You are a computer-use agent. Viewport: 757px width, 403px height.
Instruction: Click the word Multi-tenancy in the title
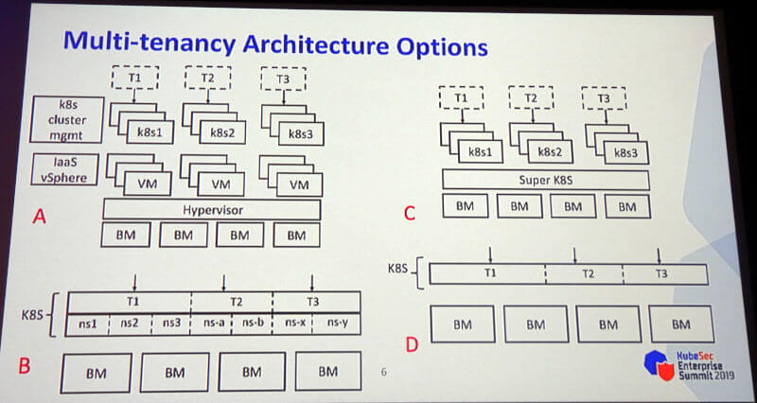[x=150, y=44]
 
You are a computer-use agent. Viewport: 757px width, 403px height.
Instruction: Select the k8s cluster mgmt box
[x=67, y=119]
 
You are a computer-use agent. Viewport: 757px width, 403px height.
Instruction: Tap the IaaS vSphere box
[x=64, y=169]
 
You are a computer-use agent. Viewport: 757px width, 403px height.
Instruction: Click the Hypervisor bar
[x=212, y=210]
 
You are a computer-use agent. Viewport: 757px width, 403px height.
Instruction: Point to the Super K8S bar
[x=546, y=180]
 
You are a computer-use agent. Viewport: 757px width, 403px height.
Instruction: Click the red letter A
[x=39, y=218]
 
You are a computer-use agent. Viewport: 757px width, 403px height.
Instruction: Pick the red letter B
[x=25, y=366]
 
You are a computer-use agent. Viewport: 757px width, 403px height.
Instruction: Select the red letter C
[x=410, y=213]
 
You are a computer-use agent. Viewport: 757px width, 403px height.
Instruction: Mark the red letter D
[x=412, y=345]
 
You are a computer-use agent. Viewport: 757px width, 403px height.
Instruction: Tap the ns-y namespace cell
[x=337, y=324]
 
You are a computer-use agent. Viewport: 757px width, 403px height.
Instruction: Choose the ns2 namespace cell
[x=130, y=324]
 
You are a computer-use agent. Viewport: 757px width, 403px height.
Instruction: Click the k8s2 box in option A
[x=222, y=132]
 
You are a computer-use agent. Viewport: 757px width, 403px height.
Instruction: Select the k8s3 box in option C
[x=626, y=152]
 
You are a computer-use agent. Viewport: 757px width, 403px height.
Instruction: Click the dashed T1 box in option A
[x=134, y=78]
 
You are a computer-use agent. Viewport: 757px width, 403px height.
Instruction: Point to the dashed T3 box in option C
[x=604, y=98]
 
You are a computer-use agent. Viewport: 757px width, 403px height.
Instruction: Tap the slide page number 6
[x=384, y=372]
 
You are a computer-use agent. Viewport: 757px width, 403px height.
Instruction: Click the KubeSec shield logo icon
[x=659, y=365]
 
